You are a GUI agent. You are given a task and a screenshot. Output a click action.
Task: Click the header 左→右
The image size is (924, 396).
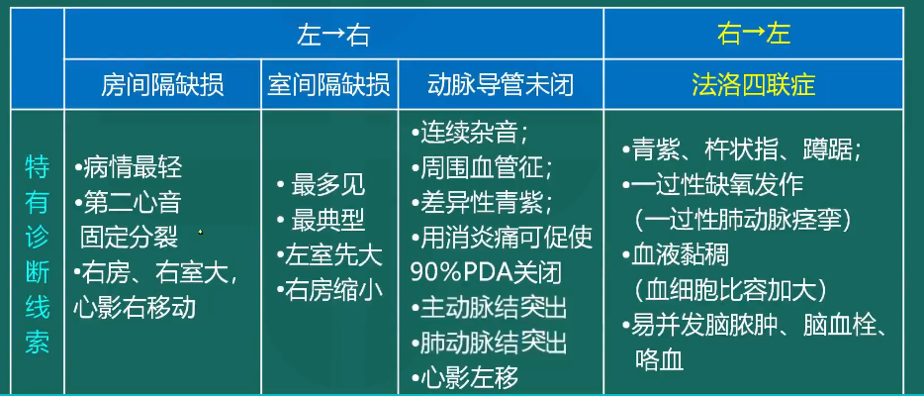[333, 35]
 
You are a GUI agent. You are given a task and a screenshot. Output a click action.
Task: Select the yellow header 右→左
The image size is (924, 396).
[753, 35]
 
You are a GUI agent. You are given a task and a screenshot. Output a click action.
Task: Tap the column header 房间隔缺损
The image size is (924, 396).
[162, 85]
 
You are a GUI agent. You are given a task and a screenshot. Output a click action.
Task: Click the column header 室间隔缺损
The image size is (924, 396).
[328, 85]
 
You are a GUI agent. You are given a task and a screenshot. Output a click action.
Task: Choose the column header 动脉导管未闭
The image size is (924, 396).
[501, 85]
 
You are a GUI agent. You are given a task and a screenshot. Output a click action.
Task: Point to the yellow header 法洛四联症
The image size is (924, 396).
[754, 85]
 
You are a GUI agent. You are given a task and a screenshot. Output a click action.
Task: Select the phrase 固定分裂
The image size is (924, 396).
[129, 238]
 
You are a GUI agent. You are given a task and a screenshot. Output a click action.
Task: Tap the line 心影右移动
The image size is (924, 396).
[135, 308]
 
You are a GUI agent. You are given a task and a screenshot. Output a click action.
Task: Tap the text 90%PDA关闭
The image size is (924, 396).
[486, 273]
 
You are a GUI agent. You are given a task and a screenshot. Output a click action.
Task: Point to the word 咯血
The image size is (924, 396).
[660, 359]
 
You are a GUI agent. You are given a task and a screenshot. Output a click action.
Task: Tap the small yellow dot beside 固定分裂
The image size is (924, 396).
[201, 233]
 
